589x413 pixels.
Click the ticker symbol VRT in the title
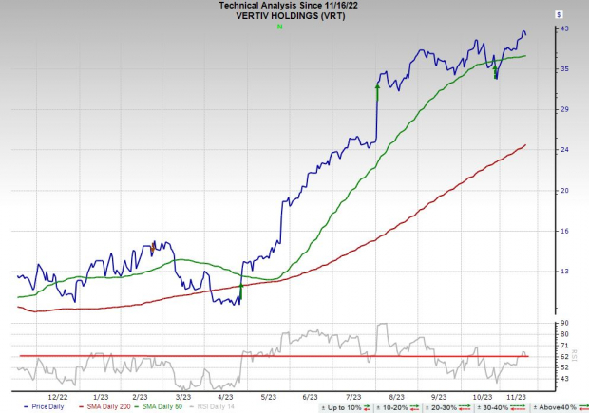[x=339, y=16]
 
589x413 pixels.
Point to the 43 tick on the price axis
[x=563, y=29]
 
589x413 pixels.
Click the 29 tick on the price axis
[x=563, y=110]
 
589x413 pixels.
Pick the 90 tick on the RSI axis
[x=563, y=323]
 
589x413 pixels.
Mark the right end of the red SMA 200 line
[x=525, y=145]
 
